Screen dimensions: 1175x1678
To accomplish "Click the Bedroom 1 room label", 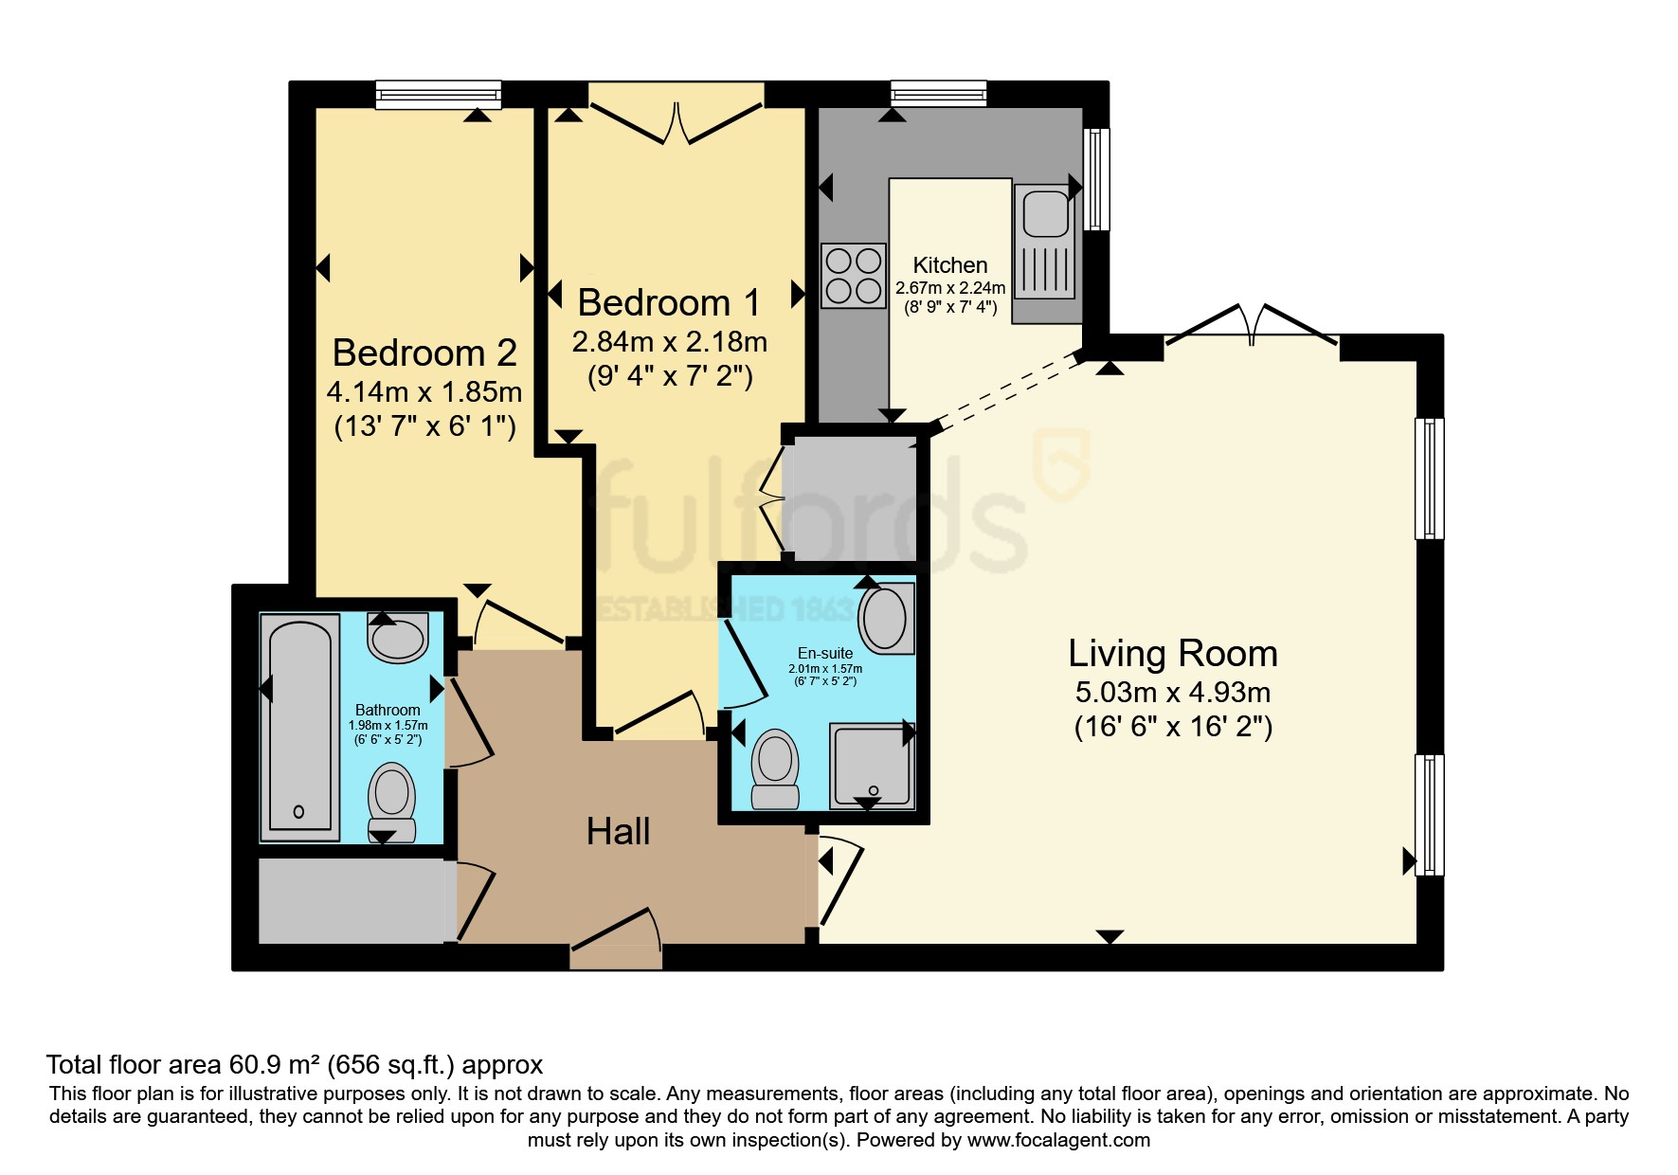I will point(669,303).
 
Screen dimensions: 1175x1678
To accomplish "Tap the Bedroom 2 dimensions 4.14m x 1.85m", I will point(424,391).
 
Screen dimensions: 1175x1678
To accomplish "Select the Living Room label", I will point(1173,654).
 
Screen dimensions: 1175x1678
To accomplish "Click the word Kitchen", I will point(949,265).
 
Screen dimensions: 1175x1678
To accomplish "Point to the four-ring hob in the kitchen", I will point(854,276).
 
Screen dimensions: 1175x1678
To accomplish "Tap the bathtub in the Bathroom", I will point(300,727).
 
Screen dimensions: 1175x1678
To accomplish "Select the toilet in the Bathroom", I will point(391,802).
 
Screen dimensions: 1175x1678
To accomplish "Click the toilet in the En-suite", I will point(776,768).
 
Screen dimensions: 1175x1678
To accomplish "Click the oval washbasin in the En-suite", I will point(886,619).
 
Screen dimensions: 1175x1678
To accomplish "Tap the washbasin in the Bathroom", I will point(399,638).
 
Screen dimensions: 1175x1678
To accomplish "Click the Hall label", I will point(618,832).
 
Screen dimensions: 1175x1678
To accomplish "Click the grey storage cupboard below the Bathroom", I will point(351,900).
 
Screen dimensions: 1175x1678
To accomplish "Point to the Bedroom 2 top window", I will point(438,94).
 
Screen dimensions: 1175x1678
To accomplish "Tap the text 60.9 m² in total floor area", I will point(276,1065).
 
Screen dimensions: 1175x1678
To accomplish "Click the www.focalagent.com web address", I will point(1058,1140).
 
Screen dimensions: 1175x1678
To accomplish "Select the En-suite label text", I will point(824,653).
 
